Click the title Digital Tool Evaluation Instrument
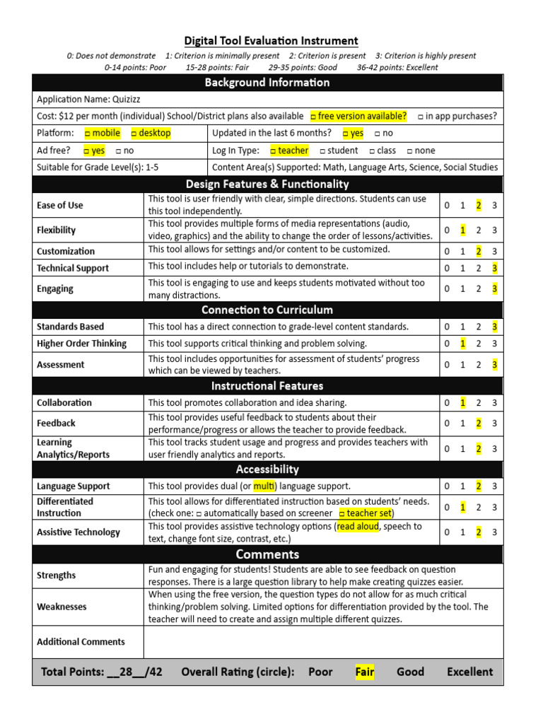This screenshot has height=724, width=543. (271, 41)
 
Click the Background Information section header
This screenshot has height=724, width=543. (267, 83)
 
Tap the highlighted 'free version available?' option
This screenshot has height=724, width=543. (358, 116)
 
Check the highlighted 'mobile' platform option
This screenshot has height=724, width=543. (102, 133)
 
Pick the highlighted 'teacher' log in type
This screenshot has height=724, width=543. (288, 151)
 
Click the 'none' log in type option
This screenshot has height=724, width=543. (421, 151)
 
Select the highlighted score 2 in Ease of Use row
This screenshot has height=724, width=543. (479, 205)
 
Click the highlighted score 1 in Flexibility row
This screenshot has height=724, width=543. (462, 230)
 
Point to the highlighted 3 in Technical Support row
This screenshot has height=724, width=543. (495, 268)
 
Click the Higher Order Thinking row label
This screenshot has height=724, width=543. (81, 344)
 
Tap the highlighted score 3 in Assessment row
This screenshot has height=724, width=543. (495, 365)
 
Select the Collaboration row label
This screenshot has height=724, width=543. (64, 403)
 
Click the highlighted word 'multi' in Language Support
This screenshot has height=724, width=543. (263, 486)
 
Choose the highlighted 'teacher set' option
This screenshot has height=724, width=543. (366, 513)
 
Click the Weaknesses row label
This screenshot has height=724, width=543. (62, 607)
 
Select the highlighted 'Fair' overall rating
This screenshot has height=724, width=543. (365, 672)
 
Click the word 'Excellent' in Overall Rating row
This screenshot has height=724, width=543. (469, 672)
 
